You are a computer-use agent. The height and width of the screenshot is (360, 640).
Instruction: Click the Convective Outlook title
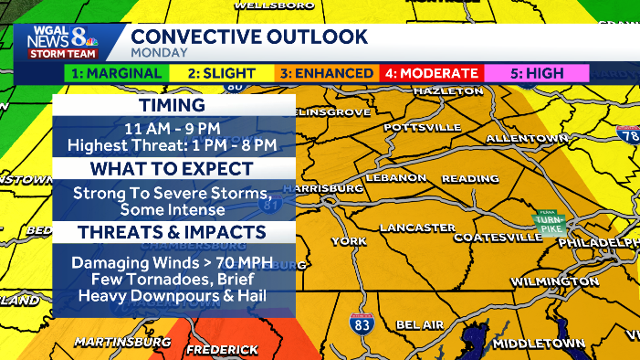tap(249, 37)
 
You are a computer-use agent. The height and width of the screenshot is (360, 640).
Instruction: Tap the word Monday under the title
tap(159, 52)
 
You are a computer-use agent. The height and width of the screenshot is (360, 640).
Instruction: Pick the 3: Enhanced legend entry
tap(326, 73)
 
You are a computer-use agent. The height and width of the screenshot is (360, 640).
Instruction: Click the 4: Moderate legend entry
tap(430, 73)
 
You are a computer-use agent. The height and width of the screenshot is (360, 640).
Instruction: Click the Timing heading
tap(173, 106)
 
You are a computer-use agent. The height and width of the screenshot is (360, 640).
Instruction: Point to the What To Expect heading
tap(173, 169)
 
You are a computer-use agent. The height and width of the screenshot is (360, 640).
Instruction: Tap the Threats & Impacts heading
tap(173, 232)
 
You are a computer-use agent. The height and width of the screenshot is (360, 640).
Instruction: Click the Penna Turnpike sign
tap(550, 222)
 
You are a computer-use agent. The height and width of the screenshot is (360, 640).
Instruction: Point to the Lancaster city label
tap(417, 227)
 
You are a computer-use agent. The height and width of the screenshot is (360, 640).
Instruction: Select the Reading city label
tap(471, 179)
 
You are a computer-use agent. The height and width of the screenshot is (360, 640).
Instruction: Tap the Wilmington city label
tap(554, 281)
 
